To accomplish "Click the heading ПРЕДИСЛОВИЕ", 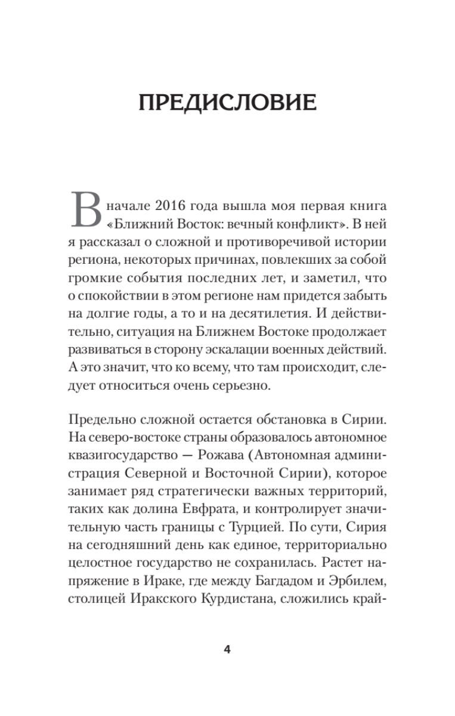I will coord(227,103).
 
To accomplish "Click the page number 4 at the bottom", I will coord(227,650).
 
